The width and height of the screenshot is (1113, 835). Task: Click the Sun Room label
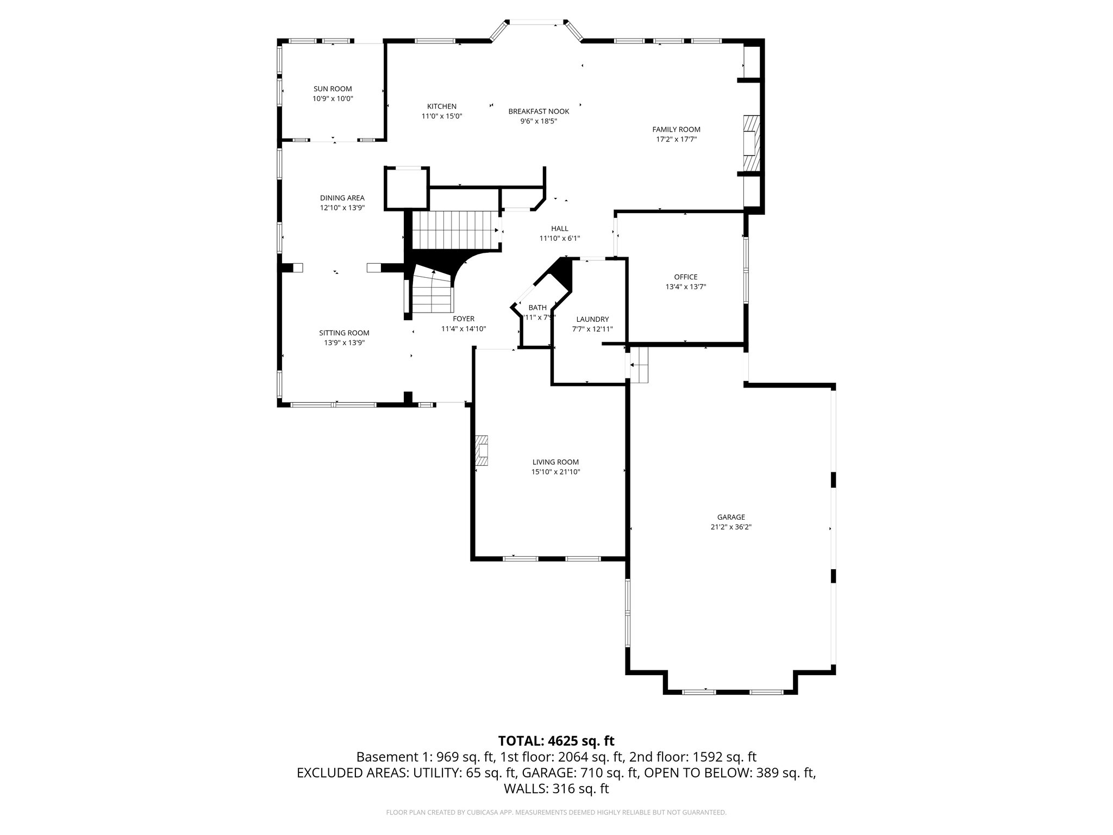coord(333,89)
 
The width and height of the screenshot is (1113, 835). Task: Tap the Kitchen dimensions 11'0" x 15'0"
coord(441,116)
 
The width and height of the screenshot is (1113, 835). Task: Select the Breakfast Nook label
coord(539,111)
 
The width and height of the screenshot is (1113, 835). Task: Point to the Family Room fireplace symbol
coord(751,143)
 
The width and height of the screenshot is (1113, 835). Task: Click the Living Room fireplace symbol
coord(482,451)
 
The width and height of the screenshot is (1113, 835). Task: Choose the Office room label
coord(685,277)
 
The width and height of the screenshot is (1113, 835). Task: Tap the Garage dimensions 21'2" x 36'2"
coord(730,527)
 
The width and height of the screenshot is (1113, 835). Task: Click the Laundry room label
coord(592,320)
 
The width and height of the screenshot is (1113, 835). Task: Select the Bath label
coord(537,308)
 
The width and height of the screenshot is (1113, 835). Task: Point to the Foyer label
coord(463,319)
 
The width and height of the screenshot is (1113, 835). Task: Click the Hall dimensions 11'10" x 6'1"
coord(559,238)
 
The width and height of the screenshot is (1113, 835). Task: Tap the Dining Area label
coord(342,198)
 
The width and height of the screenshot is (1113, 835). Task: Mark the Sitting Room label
coord(343,333)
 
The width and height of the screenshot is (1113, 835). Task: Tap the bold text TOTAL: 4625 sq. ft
coord(556,741)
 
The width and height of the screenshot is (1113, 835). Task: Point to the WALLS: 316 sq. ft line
coord(556,789)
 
